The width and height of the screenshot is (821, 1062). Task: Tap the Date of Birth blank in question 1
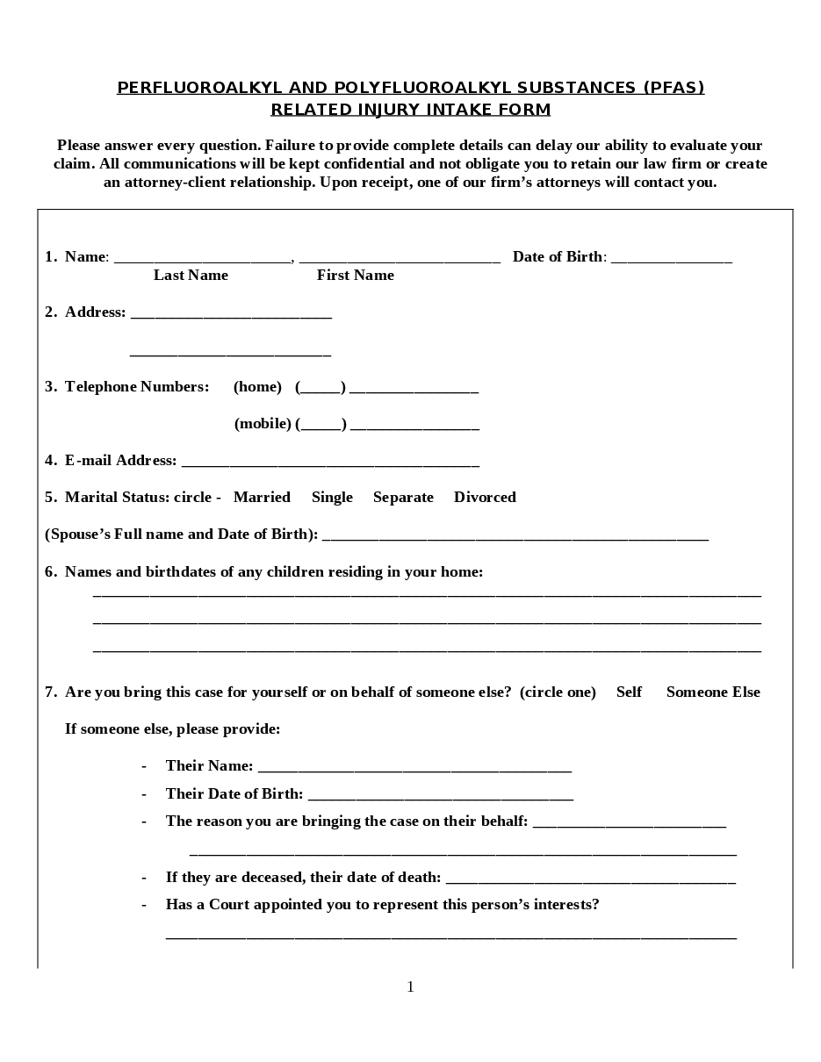coord(671,259)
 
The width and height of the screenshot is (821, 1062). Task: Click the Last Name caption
coord(191,276)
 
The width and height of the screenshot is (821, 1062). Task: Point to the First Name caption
coord(355,276)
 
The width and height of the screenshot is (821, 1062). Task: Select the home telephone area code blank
coord(320,389)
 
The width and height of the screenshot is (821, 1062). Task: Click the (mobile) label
coord(263,424)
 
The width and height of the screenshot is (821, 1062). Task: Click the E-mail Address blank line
coord(330,463)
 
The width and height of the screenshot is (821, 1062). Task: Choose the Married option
coord(262,498)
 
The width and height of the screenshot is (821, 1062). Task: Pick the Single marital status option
coord(332,498)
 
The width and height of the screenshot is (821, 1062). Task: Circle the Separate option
coord(403,498)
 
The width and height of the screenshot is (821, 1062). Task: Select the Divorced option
coord(485,498)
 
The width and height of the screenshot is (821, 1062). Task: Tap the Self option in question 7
coord(629,692)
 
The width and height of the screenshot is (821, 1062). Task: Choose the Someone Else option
coord(713,692)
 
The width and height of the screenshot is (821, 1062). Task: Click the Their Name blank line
coord(414,768)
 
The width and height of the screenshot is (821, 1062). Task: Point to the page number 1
coord(410,987)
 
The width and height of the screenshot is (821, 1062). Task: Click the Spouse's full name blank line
coord(515,536)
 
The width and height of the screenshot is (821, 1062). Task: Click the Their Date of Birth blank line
coord(441,796)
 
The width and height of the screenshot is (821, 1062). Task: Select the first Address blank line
coord(231,314)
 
